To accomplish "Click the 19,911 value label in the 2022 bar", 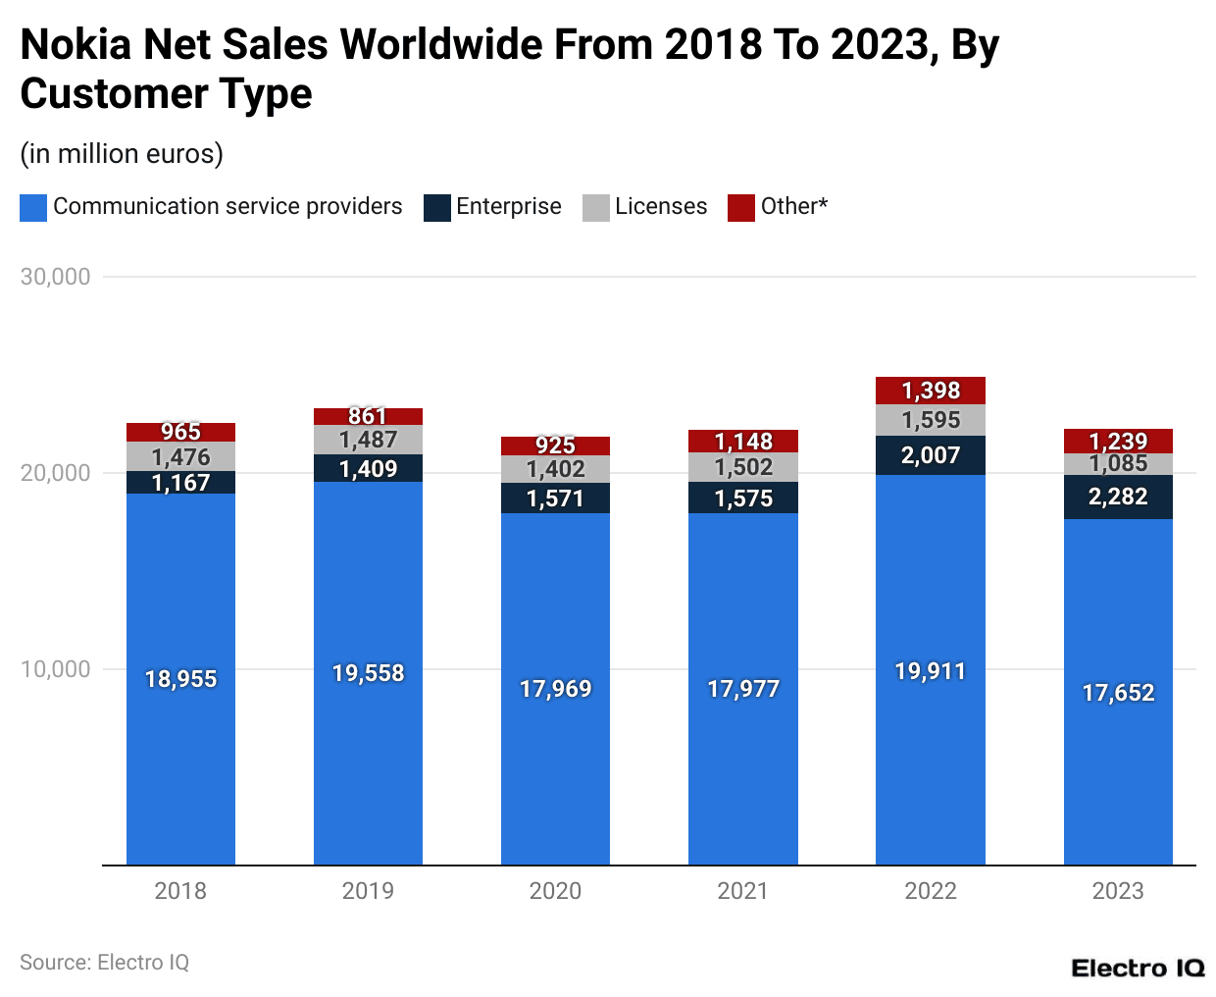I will click(x=930, y=672).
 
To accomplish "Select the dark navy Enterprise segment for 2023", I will click(x=1118, y=497).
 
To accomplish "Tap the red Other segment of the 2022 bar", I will click(x=930, y=391).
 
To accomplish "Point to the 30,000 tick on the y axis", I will click(x=56, y=277).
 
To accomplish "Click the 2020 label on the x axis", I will click(x=555, y=891).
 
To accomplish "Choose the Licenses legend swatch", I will click(x=595, y=207).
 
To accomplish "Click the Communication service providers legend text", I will click(x=228, y=206).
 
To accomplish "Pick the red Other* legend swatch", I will click(x=740, y=207).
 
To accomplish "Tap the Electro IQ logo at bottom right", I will click(x=1138, y=969).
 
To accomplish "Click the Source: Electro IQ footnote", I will click(x=104, y=963).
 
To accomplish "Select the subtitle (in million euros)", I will click(x=122, y=154).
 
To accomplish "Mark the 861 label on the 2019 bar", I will click(x=368, y=416).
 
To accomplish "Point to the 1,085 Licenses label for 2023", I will click(x=1118, y=464).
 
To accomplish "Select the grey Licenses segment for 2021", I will click(x=742, y=467).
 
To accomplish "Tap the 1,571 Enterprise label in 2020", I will click(x=555, y=498).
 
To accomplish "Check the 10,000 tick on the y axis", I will click(x=56, y=669).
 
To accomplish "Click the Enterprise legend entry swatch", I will click(x=436, y=207).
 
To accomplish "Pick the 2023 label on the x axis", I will click(x=1118, y=891).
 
